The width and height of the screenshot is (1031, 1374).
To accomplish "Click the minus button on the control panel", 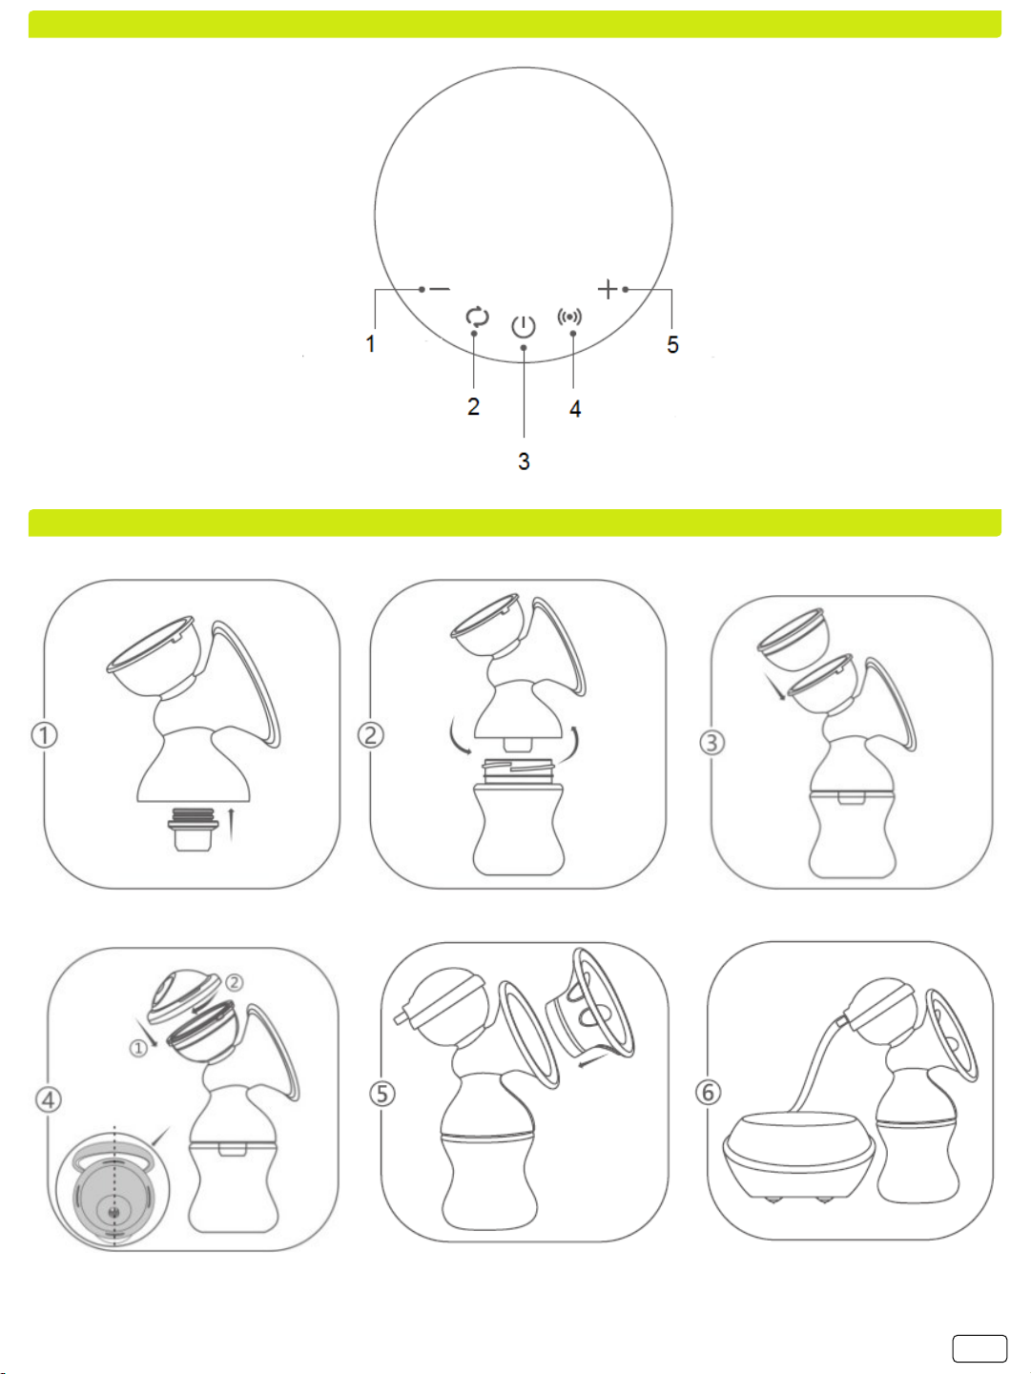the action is coord(440,289).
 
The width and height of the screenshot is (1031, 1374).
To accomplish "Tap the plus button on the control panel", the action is coord(608,289).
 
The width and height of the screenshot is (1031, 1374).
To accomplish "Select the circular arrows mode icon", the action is coord(477,317).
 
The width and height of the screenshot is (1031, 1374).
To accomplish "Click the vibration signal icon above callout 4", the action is coord(569,317).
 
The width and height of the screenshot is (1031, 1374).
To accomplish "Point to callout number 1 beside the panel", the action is coord(371,343).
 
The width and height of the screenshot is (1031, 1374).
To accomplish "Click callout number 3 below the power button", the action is coord(524,461).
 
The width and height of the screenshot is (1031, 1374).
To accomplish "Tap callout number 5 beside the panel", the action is coord(673,344).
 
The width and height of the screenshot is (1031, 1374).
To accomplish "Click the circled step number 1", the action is coord(45,735).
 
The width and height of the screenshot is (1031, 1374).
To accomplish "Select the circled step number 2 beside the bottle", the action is coord(371,735).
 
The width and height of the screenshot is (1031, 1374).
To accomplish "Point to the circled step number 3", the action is coord(711,743).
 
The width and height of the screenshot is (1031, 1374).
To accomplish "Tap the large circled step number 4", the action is coord(49,1099).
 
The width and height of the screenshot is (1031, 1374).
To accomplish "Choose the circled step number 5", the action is coord(382,1094).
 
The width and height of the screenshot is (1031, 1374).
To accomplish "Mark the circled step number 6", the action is coord(709,1093).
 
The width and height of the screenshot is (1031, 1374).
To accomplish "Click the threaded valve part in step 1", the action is coord(194,829).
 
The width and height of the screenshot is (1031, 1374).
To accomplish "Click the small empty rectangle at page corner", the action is coord(979,1348).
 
